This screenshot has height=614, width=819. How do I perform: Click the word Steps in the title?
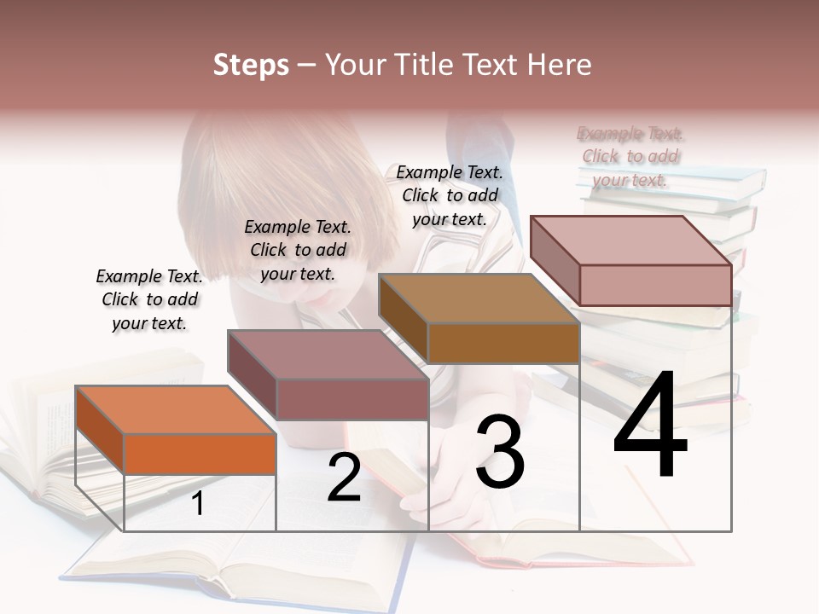(x=251, y=65)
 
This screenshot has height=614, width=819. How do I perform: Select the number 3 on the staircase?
(x=500, y=452)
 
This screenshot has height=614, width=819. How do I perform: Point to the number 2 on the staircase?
(x=344, y=478)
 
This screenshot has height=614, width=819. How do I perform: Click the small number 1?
(x=197, y=503)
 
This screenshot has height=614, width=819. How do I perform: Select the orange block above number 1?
(x=199, y=453)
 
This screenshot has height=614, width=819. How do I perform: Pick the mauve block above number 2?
(x=351, y=398)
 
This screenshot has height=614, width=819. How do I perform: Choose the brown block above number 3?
(x=502, y=343)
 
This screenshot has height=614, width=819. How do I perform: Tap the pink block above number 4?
(x=654, y=284)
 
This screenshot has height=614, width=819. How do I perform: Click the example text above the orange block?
(x=149, y=299)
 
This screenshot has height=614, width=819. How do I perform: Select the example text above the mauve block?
(x=298, y=250)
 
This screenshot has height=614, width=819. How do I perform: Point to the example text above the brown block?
(x=450, y=195)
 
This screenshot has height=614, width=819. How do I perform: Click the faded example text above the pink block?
(x=630, y=156)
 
